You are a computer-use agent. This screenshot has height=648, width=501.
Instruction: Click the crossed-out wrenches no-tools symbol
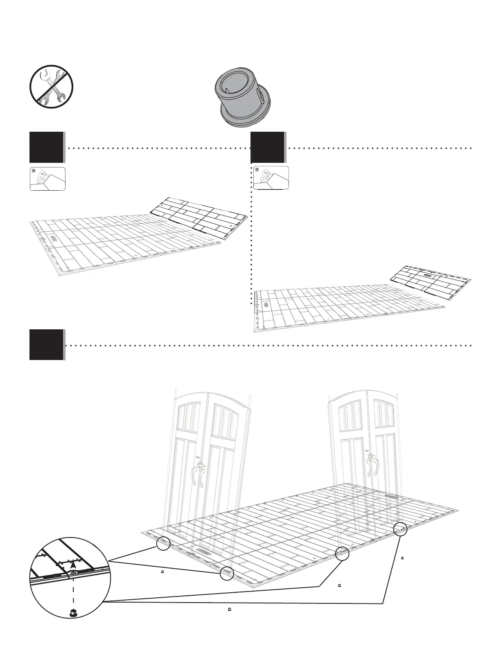click(51, 86)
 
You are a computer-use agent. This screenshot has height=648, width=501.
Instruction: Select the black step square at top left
click(46, 147)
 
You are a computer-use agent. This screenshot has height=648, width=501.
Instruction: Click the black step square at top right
click(268, 147)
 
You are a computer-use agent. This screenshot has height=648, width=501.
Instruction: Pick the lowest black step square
click(46, 344)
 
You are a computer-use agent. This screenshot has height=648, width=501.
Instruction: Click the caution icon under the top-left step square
click(47, 179)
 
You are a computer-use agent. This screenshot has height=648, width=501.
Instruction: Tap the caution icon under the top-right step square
click(271, 178)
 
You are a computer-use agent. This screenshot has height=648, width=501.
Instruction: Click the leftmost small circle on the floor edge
click(163, 544)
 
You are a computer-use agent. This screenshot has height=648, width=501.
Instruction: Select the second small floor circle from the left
click(226, 574)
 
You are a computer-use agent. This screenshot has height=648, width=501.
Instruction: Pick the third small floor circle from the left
click(342, 553)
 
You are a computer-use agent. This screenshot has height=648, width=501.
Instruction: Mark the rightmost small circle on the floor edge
click(400, 529)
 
